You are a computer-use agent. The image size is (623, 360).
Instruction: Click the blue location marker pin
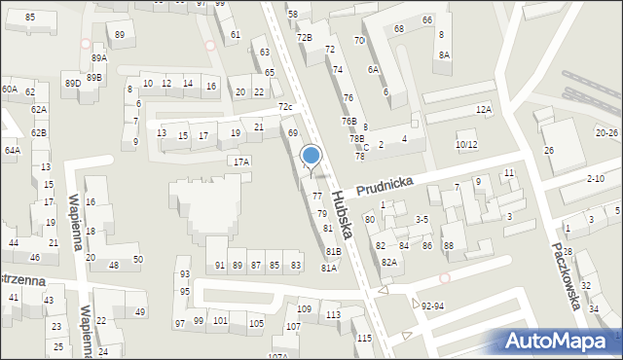click(311, 156)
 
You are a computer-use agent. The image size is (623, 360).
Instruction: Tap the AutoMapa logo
click(559, 342)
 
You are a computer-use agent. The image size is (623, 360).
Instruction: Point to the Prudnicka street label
click(385, 182)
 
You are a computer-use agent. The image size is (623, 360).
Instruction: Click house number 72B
click(305, 37)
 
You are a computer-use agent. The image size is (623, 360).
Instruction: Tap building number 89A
click(99, 58)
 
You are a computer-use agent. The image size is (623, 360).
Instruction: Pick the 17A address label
click(240, 162)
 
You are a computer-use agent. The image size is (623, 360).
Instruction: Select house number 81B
click(333, 251)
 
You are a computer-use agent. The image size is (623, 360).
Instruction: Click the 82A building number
click(388, 262)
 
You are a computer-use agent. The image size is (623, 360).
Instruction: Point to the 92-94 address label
click(434, 306)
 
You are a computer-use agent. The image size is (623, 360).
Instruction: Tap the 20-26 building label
click(607, 131)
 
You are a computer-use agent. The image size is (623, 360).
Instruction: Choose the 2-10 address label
click(596, 179)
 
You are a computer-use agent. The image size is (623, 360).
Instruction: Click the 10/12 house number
click(466, 145)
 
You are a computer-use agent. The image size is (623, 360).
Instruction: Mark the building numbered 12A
click(484, 110)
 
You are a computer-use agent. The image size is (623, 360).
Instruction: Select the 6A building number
click(373, 69)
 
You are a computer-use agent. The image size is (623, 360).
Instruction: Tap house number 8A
click(444, 55)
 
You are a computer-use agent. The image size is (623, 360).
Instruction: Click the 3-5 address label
click(421, 220)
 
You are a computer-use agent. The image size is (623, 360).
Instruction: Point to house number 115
click(363, 338)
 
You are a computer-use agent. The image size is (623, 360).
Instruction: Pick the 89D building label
click(73, 84)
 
